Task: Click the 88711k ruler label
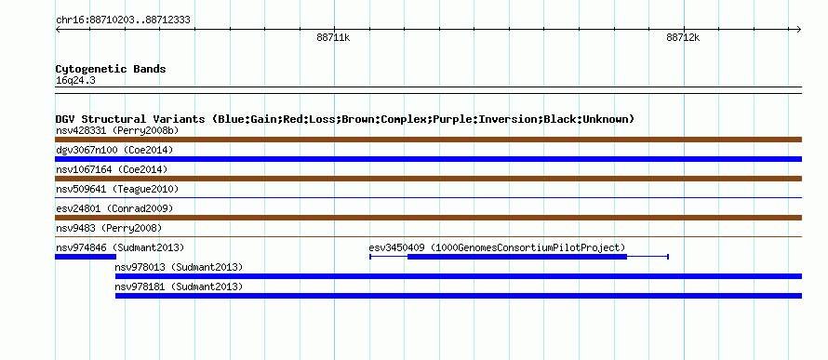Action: pos(333,37)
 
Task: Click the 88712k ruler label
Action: pos(683,37)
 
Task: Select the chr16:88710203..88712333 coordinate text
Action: pos(123,20)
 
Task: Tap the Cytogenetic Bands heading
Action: pos(111,69)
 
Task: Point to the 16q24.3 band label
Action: pos(75,81)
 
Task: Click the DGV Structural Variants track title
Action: pos(345,119)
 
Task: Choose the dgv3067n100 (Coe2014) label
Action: pos(114,150)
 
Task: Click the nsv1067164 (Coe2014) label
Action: pos(112,169)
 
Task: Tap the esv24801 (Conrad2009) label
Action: pos(114,208)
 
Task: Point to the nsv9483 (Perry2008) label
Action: pos(109,228)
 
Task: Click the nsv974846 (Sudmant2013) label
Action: pos(120,247)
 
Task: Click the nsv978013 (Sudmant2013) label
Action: pos(179,267)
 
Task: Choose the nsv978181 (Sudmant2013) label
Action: pos(179,287)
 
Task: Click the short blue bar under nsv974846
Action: pos(86,257)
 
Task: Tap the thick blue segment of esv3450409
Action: pos(517,257)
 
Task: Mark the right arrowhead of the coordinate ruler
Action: pos(799,30)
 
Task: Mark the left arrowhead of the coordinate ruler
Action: pos(58,30)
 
